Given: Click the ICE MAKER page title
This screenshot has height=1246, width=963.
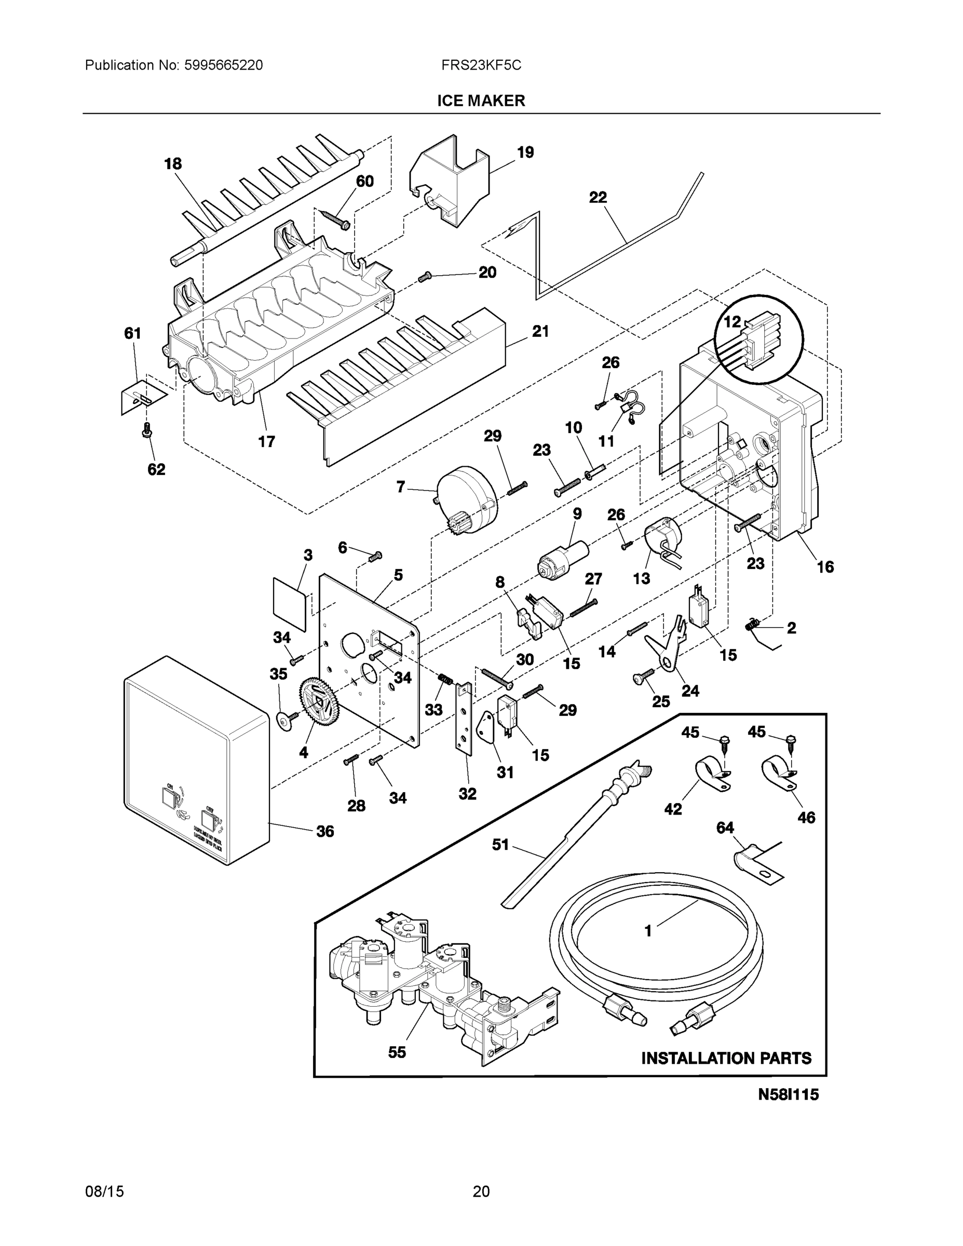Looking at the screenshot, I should click(x=481, y=101).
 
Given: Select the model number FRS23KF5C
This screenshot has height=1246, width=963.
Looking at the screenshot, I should click(x=481, y=65).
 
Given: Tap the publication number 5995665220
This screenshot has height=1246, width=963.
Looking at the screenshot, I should click(x=224, y=65).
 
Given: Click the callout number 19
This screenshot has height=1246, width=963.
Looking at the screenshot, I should click(x=525, y=152).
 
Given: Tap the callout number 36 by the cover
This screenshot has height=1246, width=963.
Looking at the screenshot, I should click(x=324, y=831).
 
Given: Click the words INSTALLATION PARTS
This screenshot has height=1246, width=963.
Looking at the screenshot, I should click(x=726, y=1058).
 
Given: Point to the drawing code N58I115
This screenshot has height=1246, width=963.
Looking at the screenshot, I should click(x=788, y=1094).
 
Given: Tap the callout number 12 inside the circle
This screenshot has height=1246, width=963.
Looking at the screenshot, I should click(x=732, y=322).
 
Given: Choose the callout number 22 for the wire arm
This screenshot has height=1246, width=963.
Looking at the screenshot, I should click(x=598, y=197).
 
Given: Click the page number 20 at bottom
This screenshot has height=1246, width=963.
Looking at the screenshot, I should click(x=481, y=1191).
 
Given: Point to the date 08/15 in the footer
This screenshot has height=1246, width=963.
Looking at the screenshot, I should click(x=104, y=1191).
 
